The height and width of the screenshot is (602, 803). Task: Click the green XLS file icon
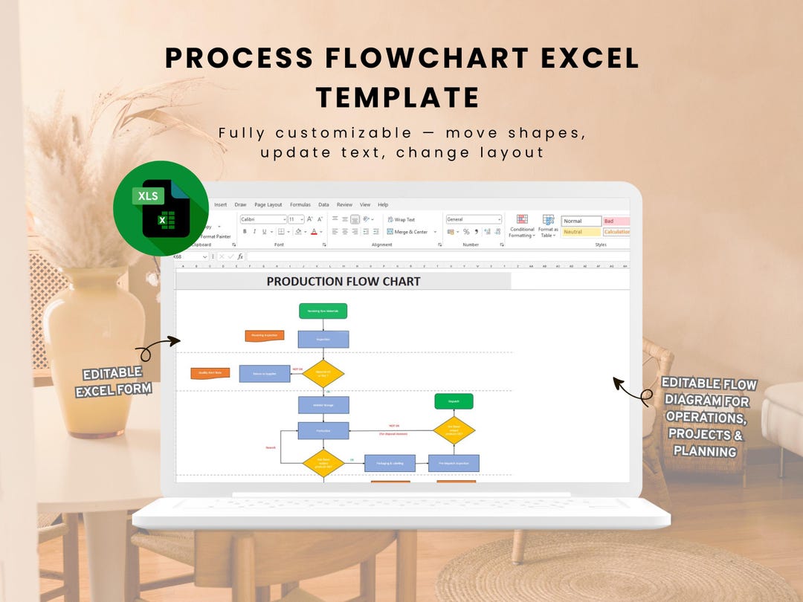(161, 209)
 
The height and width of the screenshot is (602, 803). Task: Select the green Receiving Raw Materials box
(323, 311)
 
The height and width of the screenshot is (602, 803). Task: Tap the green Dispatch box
(454, 401)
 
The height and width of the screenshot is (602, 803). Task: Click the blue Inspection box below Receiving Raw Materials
(323, 340)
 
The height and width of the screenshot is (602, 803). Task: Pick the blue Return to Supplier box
(265, 374)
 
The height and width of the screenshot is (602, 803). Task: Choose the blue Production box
(323, 430)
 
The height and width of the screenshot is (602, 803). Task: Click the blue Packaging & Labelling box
(390, 463)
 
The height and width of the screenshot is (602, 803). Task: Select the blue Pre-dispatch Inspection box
(454, 463)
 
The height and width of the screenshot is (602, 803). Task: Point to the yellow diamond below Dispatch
(454, 430)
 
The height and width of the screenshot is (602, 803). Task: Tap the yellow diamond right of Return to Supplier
(323, 373)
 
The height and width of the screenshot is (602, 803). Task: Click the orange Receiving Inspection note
(265, 336)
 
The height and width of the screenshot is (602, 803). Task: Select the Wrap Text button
(401, 220)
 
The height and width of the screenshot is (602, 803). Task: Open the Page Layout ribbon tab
(268, 204)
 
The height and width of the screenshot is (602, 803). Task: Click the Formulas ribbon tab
(300, 204)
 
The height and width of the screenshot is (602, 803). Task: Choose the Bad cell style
(616, 221)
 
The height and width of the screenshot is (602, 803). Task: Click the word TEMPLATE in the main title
(398, 97)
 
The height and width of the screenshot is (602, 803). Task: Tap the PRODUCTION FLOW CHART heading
(343, 282)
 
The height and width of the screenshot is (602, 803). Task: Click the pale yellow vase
(93, 349)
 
